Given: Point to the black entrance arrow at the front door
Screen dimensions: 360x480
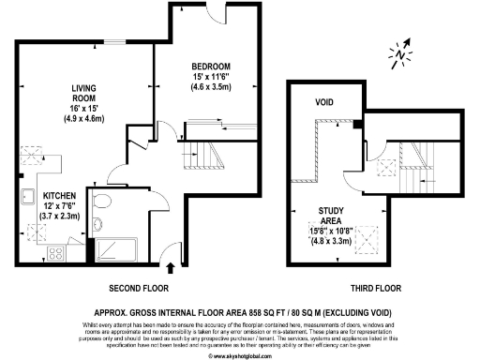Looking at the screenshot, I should pos(169,246).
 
